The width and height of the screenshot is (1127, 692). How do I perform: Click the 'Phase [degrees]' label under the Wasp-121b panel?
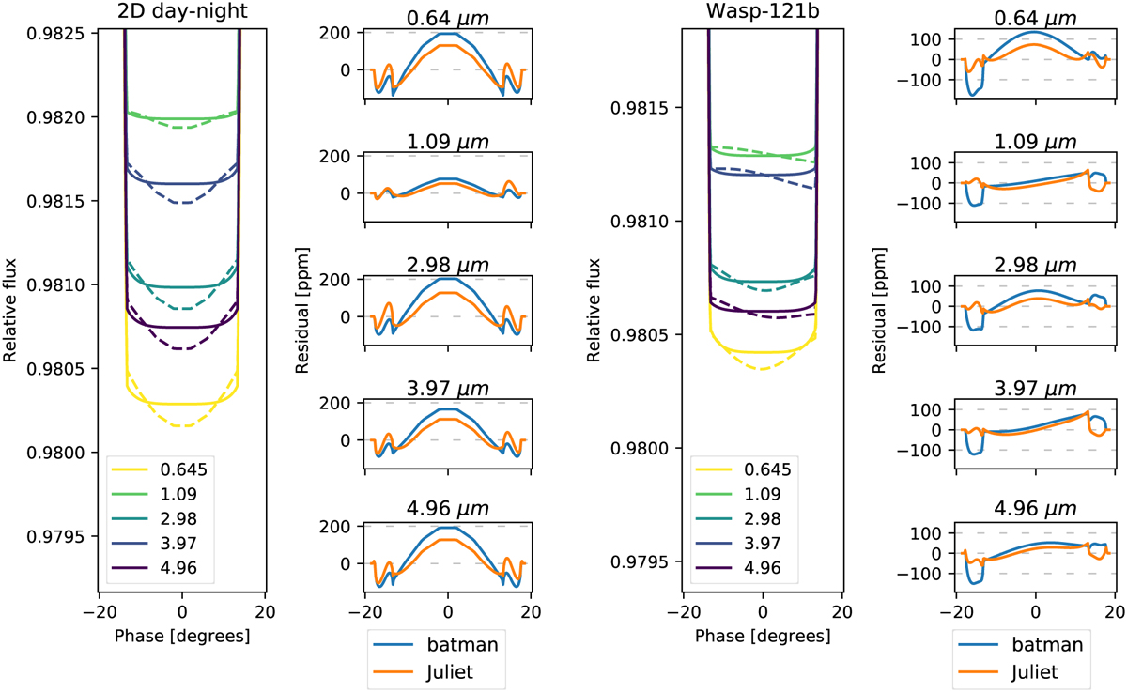click(763, 637)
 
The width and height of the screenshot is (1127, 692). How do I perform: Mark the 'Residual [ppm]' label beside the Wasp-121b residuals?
click(880, 310)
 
